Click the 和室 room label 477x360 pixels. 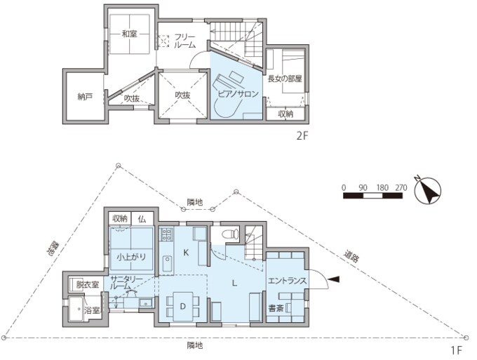coord(129,34)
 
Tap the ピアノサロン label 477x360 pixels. coord(238,94)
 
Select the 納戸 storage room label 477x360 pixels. coord(85,97)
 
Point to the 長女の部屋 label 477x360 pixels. coord(284,79)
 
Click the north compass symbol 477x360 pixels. coord(428,191)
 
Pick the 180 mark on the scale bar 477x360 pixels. coord(382,188)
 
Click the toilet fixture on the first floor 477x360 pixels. coord(231,234)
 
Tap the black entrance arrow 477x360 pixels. coord(335,279)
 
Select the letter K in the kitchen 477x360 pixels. coord(187,252)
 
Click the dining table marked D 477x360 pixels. coord(183,306)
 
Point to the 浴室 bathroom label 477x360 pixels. coord(93,310)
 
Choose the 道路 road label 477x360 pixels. coord(351,256)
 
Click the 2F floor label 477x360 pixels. coord(302,135)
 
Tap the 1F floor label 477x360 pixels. coord(457,351)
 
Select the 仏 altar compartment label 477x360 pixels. coord(142,219)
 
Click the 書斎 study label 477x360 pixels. coord(276,308)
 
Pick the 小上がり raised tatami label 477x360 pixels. coord(131,257)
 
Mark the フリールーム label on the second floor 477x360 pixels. coord(184,41)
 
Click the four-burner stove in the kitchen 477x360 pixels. coord(167,234)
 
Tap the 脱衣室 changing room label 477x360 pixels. coord(88,285)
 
